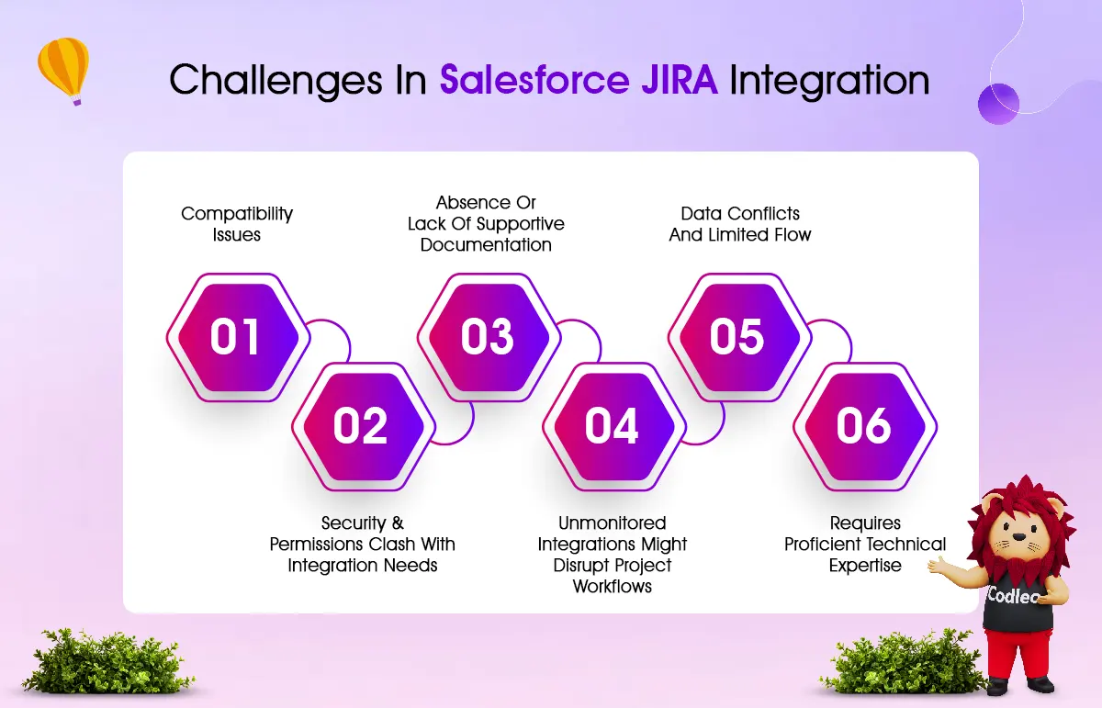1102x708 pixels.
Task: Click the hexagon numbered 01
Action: tap(238, 338)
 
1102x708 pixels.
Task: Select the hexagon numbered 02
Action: tap(364, 427)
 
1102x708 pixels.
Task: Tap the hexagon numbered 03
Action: tap(489, 338)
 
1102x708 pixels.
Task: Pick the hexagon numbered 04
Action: tap(614, 427)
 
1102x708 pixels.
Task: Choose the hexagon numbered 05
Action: tap(740, 338)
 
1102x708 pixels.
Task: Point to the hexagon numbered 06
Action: tap(865, 427)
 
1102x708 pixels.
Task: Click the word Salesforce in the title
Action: tap(534, 79)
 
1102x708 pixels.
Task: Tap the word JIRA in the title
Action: tap(680, 80)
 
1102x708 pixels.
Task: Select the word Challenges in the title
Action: tap(275, 81)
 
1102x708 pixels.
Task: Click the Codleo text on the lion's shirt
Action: tap(1015, 596)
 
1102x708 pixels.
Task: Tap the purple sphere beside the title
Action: tap(998, 104)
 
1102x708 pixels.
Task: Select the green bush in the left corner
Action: tap(107, 661)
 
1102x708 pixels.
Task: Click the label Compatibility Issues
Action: tap(237, 224)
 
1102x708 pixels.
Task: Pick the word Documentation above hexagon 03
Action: tap(486, 244)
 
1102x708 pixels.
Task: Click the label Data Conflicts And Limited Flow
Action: tap(740, 224)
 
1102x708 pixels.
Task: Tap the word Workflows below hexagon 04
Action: tap(613, 586)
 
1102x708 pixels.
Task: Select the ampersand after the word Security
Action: tap(398, 523)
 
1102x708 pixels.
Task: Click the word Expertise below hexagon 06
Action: tap(865, 566)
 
